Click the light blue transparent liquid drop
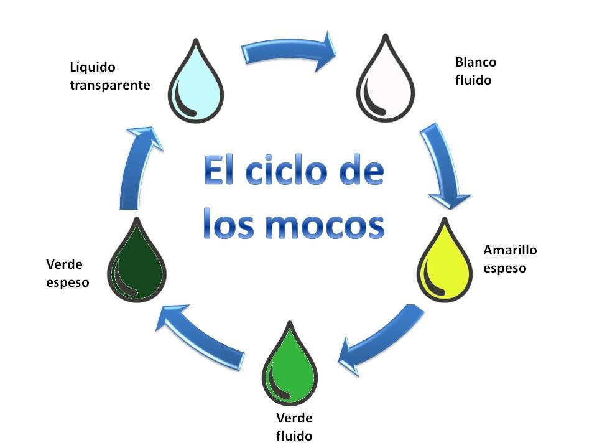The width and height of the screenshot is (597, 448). pyautogui.click(x=197, y=84)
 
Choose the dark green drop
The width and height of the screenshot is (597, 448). pyautogui.click(x=138, y=262)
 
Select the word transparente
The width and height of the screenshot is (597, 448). pyautogui.click(x=110, y=85)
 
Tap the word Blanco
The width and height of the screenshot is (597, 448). pyautogui.click(x=476, y=62)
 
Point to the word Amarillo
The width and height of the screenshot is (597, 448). pyautogui.click(x=510, y=250)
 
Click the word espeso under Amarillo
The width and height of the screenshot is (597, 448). pyautogui.click(x=505, y=269)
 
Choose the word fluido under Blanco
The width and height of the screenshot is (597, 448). pyautogui.click(x=473, y=80)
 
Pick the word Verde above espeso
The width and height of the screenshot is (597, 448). pyautogui.click(x=65, y=264)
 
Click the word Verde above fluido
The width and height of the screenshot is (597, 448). pyautogui.click(x=294, y=417)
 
